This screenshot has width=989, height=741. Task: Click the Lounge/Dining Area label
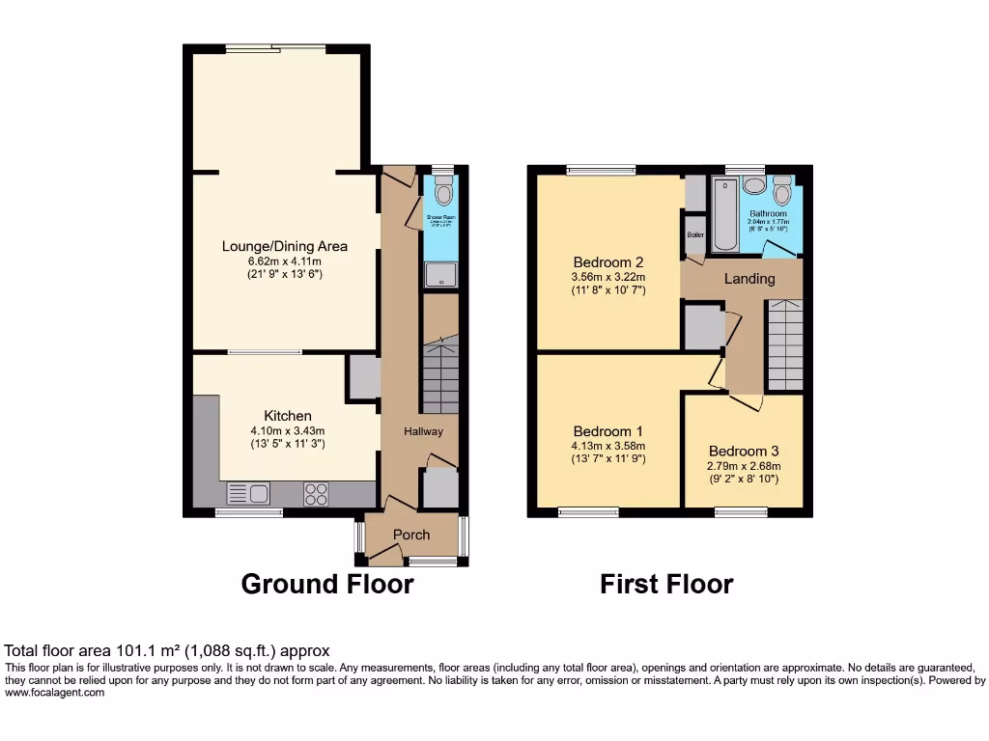284,246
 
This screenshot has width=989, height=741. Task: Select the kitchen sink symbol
248,494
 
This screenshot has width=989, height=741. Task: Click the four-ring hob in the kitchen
316,494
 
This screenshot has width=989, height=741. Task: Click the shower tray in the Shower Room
441,275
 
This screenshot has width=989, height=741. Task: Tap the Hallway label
424,431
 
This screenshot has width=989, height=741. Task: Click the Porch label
410,535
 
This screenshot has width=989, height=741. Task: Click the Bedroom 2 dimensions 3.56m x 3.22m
608,276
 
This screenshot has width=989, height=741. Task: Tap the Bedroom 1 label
608,431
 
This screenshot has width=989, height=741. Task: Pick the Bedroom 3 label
743,451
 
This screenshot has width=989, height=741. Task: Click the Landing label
749,279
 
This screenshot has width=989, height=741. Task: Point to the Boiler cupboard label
694,234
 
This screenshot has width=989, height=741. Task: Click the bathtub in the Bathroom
724,213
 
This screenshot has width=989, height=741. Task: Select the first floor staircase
785,344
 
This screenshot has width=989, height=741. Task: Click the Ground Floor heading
326,584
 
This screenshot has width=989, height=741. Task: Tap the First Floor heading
666,584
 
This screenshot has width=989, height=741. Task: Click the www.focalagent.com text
55,693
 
